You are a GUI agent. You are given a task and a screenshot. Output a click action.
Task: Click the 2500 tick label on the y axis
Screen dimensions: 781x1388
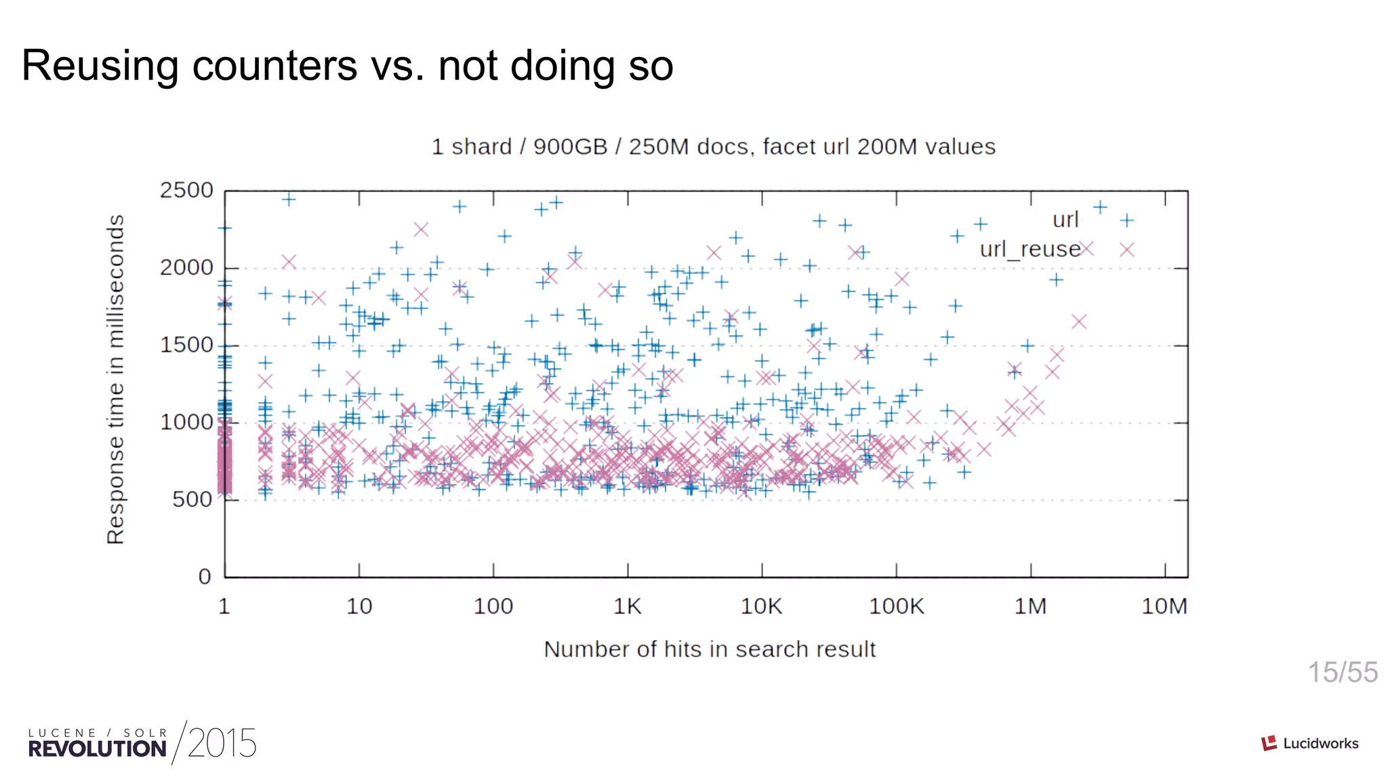pyautogui.click(x=186, y=191)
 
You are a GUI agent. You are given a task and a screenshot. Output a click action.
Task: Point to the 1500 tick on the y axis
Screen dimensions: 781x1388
pyautogui.click(x=186, y=345)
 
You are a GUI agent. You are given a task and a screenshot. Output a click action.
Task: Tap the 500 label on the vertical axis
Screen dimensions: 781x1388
pyautogui.click(x=192, y=500)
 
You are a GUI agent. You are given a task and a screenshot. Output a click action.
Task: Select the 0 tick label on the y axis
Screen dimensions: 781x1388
pyautogui.click(x=205, y=577)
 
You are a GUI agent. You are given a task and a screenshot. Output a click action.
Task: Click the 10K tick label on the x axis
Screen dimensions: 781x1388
pyautogui.click(x=761, y=606)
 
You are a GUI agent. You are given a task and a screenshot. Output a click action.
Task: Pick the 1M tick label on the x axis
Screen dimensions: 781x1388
pyautogui.click(x=1030, y=606)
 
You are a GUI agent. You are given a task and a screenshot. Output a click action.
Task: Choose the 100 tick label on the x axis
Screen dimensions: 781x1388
pyautogui.click(x=493, y=606)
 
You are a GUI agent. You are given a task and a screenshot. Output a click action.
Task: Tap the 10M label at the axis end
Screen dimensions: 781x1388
pyautogui.click(x=1164, y=606)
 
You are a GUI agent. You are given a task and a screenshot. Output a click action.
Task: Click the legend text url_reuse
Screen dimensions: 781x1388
pyautogui.click(x=1029, y=249)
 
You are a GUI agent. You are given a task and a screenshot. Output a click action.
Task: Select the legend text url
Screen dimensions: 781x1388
pyautogui.click(x=1065, y=220)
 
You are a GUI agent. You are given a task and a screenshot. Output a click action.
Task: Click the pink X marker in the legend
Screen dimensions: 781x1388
pyautogui.click(x=1126, y=250)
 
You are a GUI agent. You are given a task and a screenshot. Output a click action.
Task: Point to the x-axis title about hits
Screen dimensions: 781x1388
pyautogui.click(x=710, y=649)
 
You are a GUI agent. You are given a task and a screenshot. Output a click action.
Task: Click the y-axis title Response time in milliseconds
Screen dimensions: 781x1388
pyautogui.click(x=116, y=380)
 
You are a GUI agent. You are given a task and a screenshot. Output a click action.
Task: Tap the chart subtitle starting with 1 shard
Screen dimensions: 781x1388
pyautogui.click(x=713, y=147)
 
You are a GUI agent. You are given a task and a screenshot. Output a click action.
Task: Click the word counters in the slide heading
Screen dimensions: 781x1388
pyautogui.click(x=275, y=66)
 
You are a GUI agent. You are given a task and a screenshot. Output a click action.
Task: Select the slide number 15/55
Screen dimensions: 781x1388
pyautogui.click(x=1342, y=673)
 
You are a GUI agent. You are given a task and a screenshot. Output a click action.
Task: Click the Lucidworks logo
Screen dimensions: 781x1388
pyautogui.click(x=1309, y=744)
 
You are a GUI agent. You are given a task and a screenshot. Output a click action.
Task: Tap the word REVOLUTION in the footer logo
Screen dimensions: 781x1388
pyautogui.click(x=97, y=749)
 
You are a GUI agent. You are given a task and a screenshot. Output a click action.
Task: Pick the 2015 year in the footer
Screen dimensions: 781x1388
pyautogui.click(x=222, y=744)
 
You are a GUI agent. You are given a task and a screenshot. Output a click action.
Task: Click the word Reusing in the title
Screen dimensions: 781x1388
pyautogui.click(x=100, y=66)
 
